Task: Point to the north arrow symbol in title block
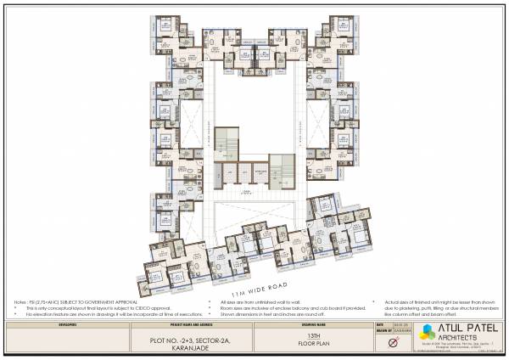coord(392,342)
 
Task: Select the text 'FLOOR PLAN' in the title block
coord(312,345)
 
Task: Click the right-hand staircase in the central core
coord(281,171)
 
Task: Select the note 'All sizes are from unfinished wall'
coord(255,301)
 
